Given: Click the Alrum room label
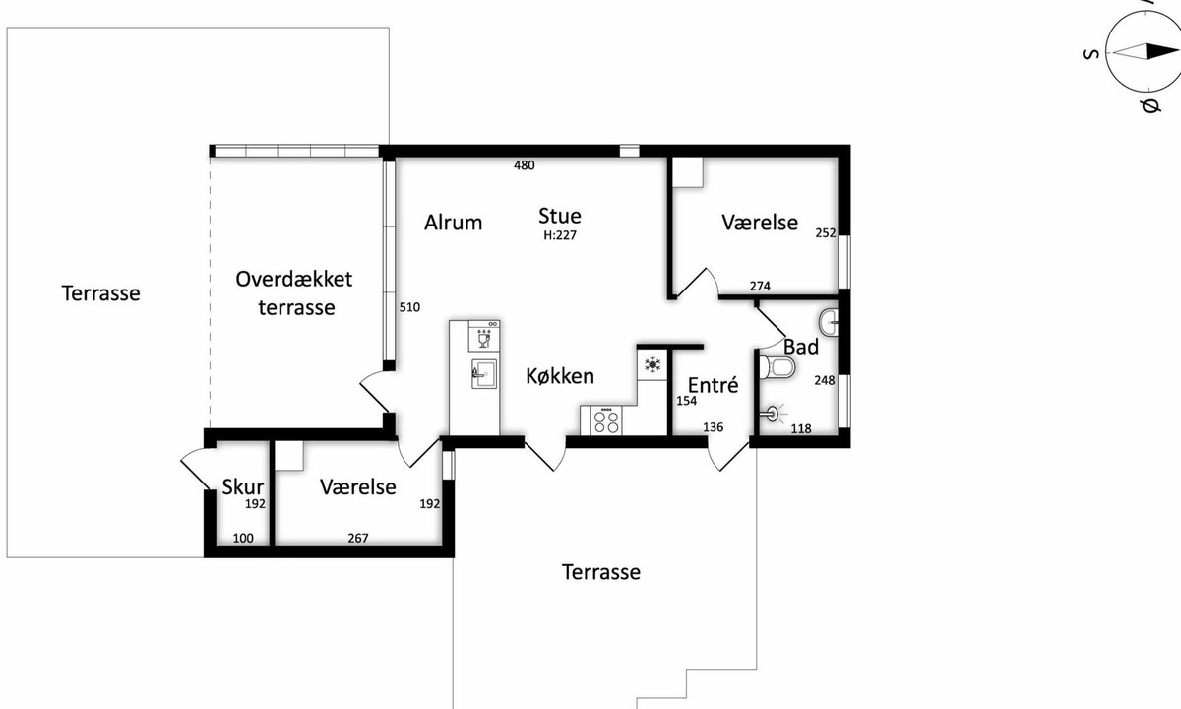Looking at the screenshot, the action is click(453, 223).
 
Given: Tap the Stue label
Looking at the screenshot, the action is click(560, 216).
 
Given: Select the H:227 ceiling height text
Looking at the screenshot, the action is click(560, 235).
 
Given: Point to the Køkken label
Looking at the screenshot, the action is click(560, 376).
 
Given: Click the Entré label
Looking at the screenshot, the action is click(713, 385).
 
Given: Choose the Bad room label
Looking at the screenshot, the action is click(801, 347).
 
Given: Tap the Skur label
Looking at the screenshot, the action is click(242, 486).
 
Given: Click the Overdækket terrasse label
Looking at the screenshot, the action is click(294, 293).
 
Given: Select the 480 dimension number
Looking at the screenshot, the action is click(524, 165).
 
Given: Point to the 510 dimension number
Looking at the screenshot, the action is click(409, 307).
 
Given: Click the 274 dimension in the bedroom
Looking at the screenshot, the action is click(760, 286).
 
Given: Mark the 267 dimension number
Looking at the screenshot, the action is click(358, 538).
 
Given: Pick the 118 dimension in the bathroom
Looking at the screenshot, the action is click(801, 429).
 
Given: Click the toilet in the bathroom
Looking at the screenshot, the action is click(777, 367).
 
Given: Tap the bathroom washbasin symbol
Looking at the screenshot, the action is click(829, 322).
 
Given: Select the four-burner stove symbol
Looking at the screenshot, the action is click(606, 421).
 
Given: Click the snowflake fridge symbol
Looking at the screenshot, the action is click(653, 364).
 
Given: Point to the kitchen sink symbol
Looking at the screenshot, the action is click(484, 374).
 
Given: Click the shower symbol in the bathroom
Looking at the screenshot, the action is click(773, 415).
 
